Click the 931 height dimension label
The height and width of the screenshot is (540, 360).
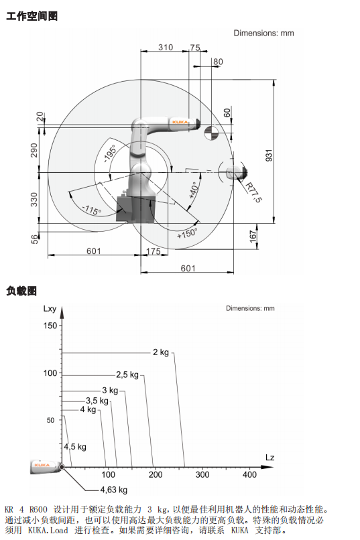click(269, 155)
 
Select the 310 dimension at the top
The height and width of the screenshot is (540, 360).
click(166, 47)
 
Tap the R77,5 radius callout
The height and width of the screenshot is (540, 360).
click(253, 192)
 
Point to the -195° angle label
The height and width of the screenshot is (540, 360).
click(110, 153)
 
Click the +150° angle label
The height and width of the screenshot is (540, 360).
click(187, 233)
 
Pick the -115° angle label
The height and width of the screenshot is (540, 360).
click(92, 210)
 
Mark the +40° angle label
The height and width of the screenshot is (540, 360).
click(194, 190)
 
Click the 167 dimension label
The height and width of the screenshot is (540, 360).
click(253, 237)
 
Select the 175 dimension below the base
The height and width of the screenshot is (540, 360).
click(154, 251)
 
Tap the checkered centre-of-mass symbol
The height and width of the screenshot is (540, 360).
click(211, 133)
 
